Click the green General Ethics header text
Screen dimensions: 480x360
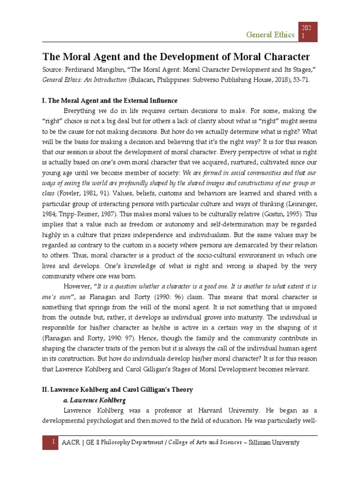(270, 34)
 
